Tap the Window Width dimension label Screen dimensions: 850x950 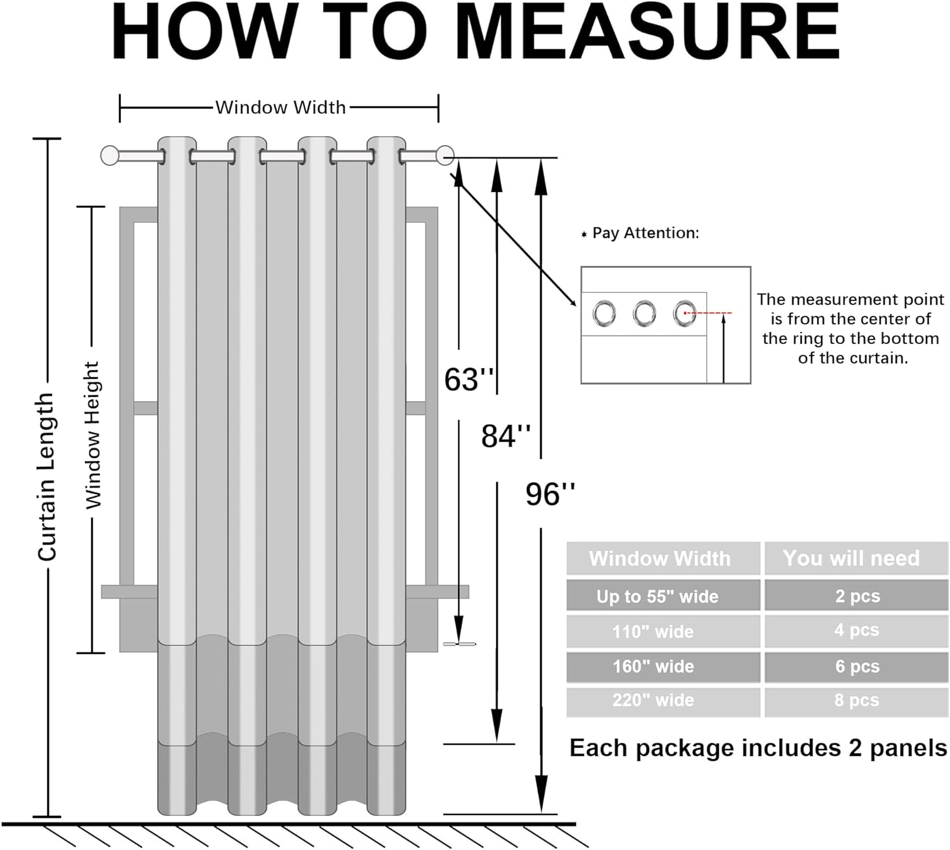(281, 108)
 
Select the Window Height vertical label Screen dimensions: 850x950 (93, 435)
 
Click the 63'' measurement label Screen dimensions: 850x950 (469, 379)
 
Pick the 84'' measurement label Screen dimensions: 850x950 (505, 436)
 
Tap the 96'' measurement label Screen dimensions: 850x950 (550, 494)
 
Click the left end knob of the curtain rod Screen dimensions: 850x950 (110, 155)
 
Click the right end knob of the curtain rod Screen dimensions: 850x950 (445, 155)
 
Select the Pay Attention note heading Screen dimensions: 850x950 (645, 233)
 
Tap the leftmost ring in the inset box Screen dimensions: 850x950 (604, 314)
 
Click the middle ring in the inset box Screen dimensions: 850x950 (644, 314)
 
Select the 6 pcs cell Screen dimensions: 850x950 (856, 666)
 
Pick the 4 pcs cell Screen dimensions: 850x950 (856, 631)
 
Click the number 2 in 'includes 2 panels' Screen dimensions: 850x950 (855, 749)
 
